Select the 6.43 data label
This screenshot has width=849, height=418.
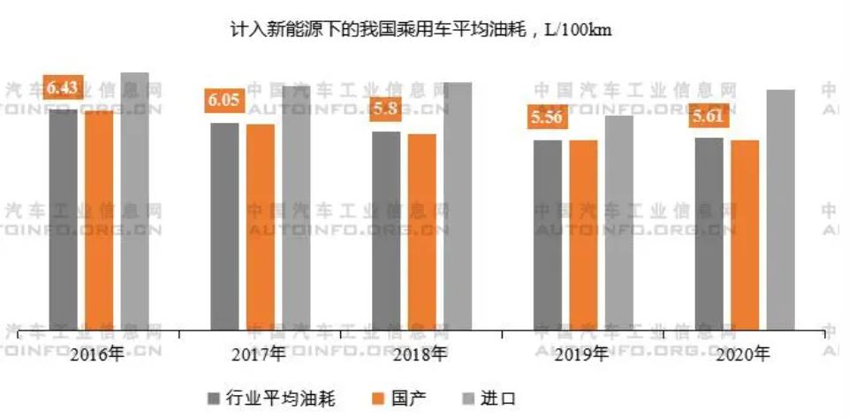(x=64, y=87)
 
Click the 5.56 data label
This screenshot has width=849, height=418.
(x=545, y=118)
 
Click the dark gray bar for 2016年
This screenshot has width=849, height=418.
(x=64, y=221)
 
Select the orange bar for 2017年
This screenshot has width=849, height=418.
(x=261, y=227)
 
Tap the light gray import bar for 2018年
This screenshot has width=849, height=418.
(x=458, y=207)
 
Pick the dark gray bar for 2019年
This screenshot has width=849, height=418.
(x=548, y=235)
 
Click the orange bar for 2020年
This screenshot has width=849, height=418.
(x=745, y=235)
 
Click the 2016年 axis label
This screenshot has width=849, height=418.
(x=99, y=354)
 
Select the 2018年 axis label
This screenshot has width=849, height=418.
(x=421, y=354)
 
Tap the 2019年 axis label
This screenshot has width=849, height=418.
(x=581, y=354)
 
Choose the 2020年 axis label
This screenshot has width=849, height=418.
(x=743, y=354)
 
